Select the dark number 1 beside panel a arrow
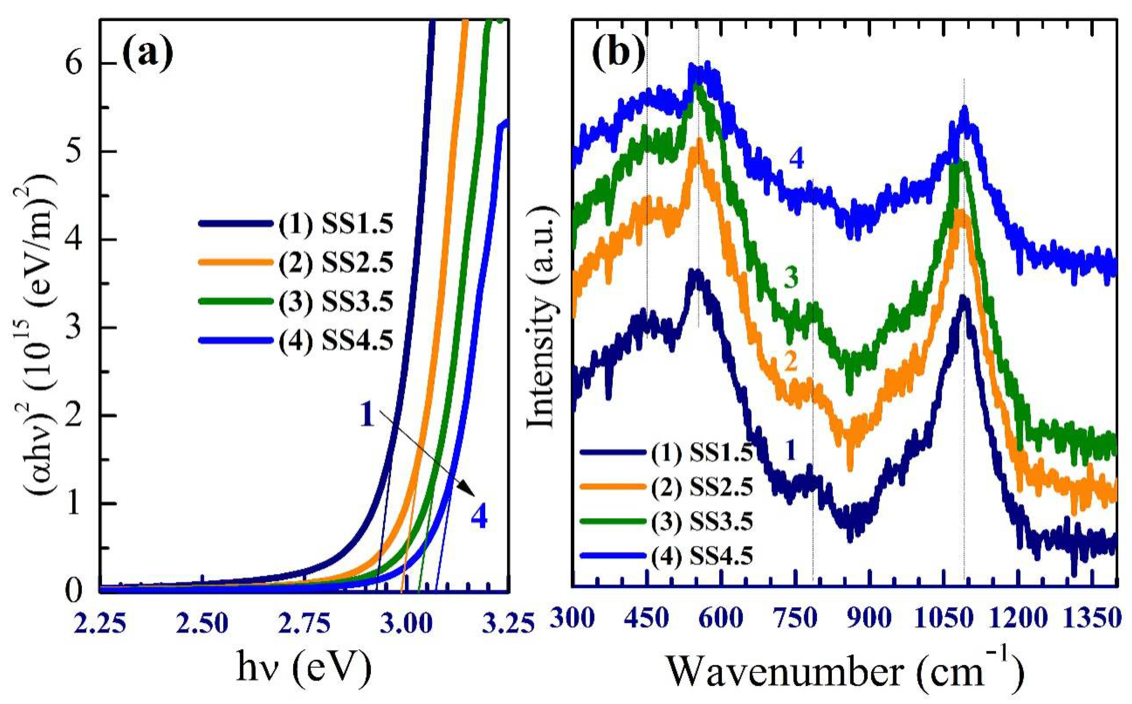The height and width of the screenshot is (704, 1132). click(367, 416)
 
